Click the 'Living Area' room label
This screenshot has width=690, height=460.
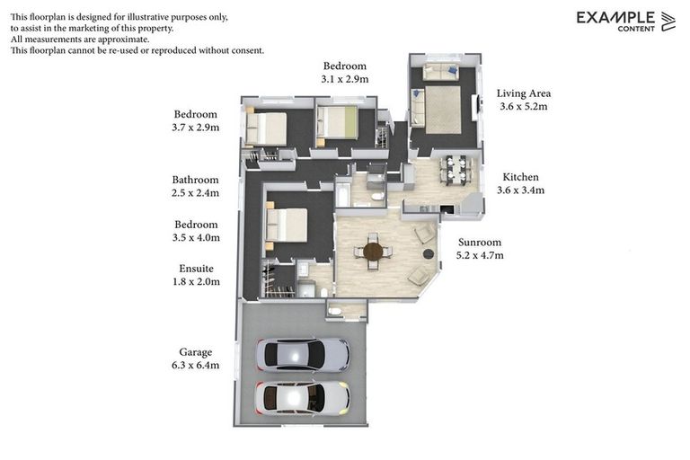524,93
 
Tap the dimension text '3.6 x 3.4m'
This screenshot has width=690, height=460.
521,190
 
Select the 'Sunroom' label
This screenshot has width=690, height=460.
480,242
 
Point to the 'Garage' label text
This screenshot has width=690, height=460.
196,352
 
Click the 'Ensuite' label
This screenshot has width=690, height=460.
196,268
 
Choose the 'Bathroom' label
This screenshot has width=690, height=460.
196,180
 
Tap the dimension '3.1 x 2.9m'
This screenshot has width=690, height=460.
345,79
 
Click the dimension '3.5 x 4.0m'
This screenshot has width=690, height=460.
196,237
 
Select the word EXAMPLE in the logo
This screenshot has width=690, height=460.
615,17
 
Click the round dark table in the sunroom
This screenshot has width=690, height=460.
373,251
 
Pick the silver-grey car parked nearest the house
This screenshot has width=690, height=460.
302,355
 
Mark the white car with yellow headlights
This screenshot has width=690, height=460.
302,397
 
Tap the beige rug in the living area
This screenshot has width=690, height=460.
443,109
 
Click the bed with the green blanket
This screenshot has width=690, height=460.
338,122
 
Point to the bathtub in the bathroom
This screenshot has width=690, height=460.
343,193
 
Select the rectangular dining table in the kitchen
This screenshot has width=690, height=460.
454,169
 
